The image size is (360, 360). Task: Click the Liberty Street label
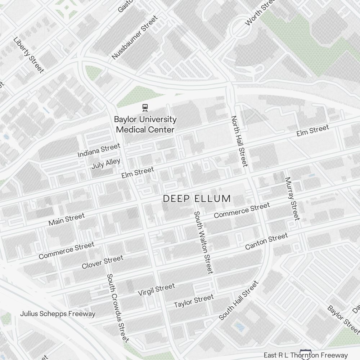[28, 55]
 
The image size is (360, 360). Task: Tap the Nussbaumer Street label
[134, 37]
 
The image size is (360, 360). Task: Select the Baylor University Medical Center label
[145, 124]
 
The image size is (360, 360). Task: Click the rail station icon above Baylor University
[145, 107]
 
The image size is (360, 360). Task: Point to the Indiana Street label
[99, 150]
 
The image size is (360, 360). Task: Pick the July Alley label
[106, 164]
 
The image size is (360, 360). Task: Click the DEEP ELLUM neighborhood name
[197, 199]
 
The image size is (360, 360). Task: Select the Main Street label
[67, 219]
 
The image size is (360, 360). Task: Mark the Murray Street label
[292, 198]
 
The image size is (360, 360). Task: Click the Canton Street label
[266, 241]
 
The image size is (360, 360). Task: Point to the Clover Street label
[103, 262]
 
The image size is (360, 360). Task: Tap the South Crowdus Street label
[118, 308]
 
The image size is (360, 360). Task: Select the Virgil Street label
[157, 289]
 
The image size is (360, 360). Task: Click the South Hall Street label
[239, 301]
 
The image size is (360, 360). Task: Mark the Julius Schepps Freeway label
[58, 314]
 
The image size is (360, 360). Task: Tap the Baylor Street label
[338, 320]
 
